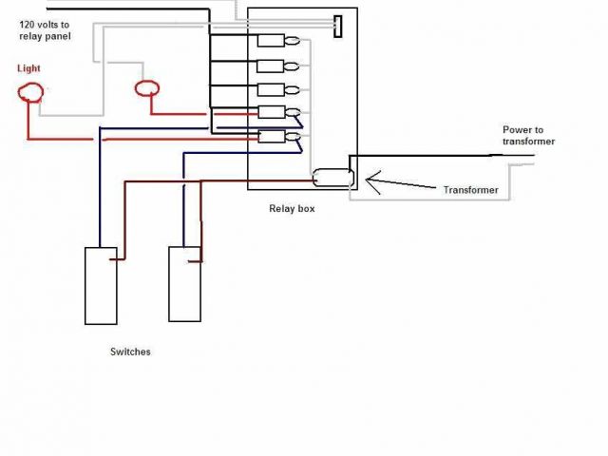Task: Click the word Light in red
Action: click(29, 69)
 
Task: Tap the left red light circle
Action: click(31, 92)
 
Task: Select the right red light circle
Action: click(146, 88)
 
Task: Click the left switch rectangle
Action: click(101, 285)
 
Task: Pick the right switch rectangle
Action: click(184, 283)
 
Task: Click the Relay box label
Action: click(292, 208)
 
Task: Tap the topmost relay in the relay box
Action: click(273, 41)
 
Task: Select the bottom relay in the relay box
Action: click(273, 137)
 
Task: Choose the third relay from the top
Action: click(273, 89)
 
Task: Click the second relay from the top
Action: click(273, 66)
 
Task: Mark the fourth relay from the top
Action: click(273, 114)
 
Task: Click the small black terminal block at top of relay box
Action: click(337, 26)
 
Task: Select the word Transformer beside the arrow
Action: click(470, 190)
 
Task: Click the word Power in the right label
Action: click(517, 129)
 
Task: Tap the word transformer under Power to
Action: click(528, 142)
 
